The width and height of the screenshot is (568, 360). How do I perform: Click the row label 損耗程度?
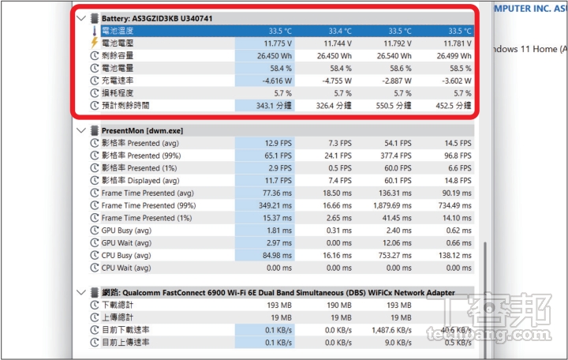coord(118,93)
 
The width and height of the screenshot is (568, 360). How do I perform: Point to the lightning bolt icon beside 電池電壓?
coord(94,43)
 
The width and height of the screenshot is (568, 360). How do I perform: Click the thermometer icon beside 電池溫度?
coord(94,31)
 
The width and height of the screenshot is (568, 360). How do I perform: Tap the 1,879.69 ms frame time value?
coord(389,205)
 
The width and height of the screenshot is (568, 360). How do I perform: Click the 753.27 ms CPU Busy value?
coord(391,255)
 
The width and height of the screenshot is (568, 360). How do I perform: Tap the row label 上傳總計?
coord(118,317)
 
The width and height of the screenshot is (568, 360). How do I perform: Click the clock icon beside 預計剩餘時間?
coord(94,105)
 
